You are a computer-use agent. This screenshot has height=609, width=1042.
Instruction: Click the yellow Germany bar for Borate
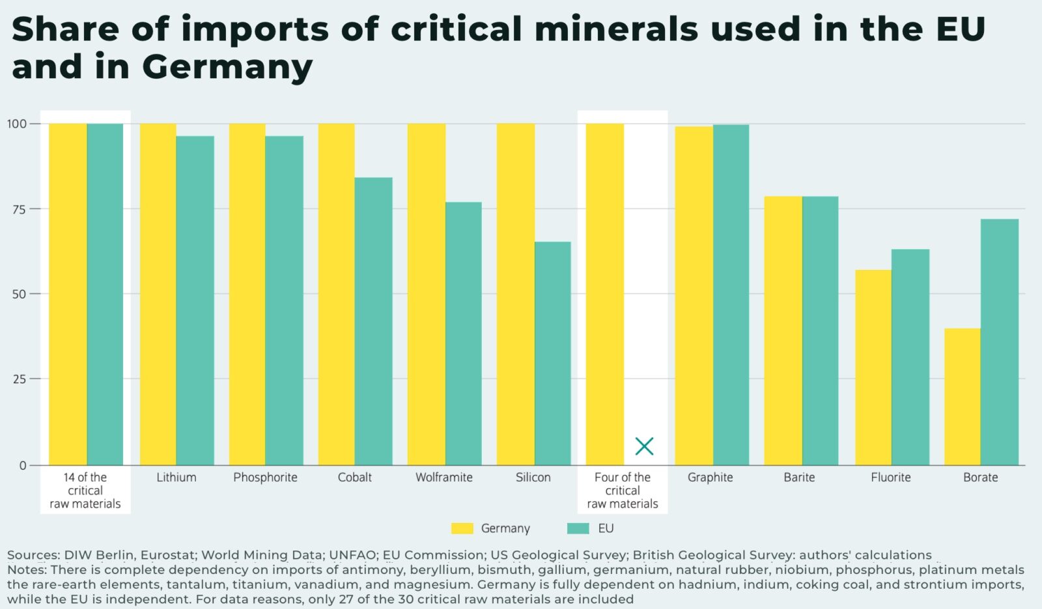coord(962,397)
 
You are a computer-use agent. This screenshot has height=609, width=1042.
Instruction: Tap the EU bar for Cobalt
coord(373,321)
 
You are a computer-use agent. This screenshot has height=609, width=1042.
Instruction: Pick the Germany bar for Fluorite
coord(873,368)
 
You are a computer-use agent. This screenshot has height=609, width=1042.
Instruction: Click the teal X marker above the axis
coord(644,446)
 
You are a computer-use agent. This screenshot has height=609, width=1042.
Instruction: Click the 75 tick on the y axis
coord(20,209)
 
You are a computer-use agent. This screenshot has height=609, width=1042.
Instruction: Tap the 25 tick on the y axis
coord(20,379)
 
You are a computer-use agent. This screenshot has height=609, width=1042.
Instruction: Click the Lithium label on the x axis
coord(176,478)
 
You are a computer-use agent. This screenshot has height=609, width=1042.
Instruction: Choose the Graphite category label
coord(710,478)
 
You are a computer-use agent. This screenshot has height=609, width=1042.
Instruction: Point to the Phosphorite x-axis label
coord(265,478)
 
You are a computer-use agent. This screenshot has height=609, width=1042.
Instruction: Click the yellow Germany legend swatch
coord(462,528)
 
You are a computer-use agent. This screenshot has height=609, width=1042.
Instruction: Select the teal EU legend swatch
coord(578,528)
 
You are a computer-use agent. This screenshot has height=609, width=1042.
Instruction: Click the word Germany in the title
coord(227,67)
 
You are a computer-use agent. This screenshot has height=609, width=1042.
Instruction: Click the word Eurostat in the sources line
coord(167,555)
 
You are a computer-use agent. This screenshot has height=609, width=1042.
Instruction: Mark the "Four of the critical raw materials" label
coord(623,491)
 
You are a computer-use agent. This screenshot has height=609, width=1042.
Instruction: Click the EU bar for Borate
coord(999,342)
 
